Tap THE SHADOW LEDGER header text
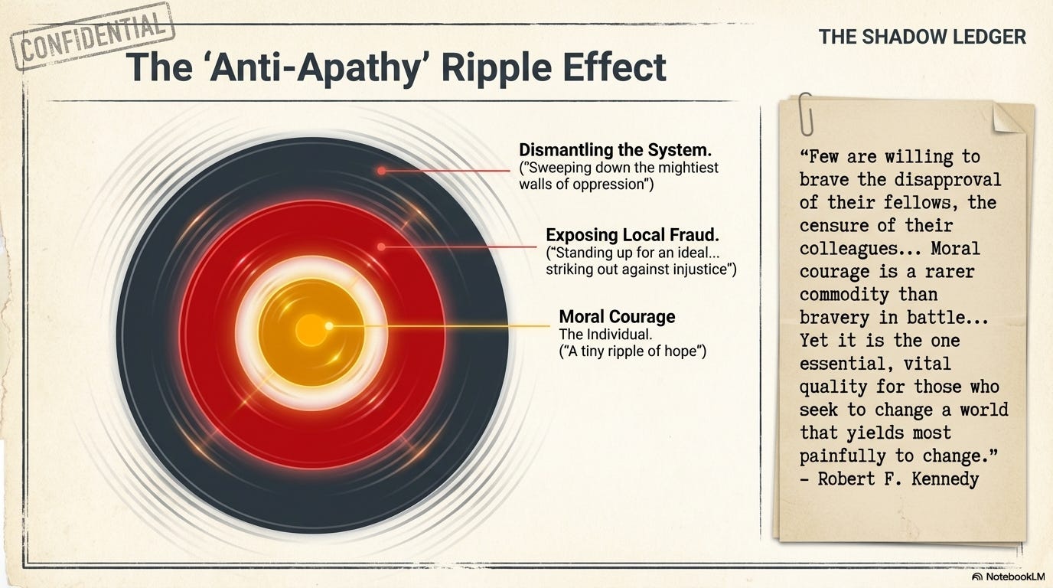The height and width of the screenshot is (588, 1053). click(922, 36)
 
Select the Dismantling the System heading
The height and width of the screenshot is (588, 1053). click(615, 149)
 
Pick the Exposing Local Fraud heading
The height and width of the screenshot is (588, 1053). click(632, 234)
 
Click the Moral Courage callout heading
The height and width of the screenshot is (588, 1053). click(617, 316)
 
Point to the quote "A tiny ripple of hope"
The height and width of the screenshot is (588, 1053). click(632, 351)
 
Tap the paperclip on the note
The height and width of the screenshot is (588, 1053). click(804, 113)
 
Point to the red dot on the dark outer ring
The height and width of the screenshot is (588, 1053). click(381, 171)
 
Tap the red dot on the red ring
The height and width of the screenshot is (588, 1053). click(381, 247)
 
